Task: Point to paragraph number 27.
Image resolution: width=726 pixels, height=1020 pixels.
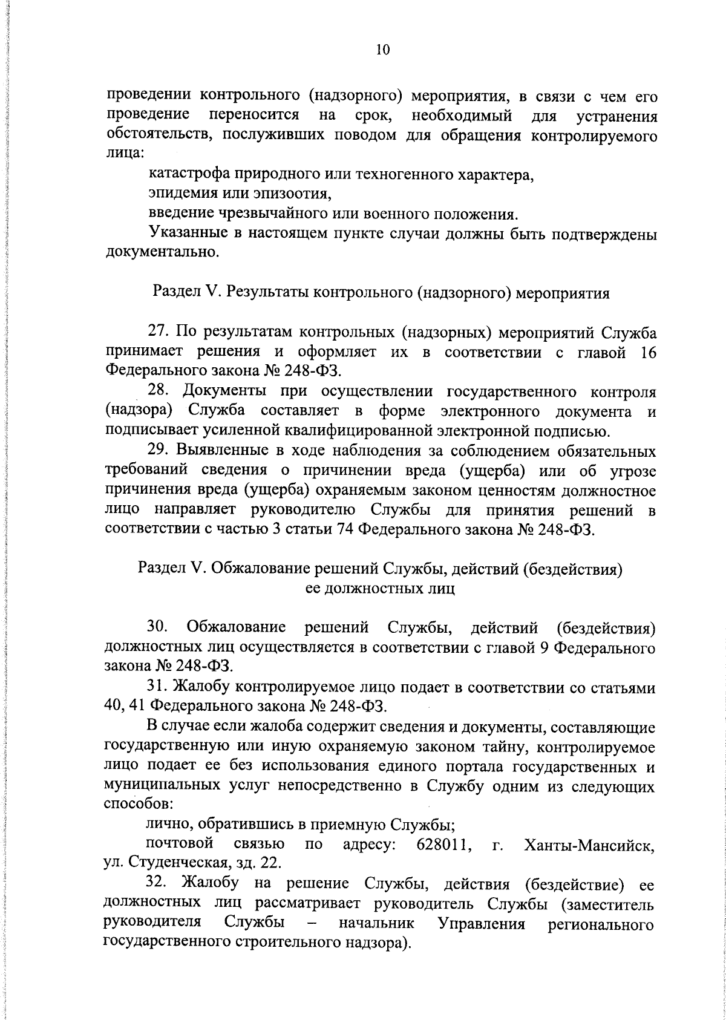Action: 159,332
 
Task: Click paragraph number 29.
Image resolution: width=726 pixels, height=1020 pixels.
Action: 159,451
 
